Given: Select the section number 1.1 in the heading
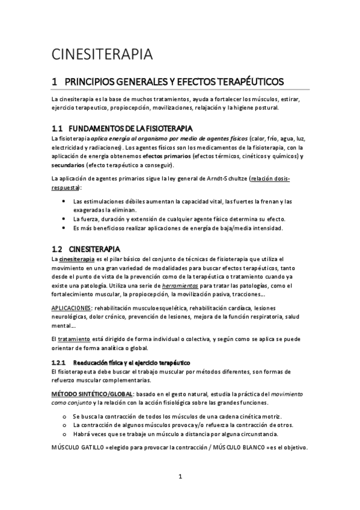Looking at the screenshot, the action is coord(57,129).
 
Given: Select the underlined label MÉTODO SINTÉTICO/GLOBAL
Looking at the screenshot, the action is coord(89,393).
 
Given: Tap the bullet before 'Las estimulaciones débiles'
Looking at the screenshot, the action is coord(64,201).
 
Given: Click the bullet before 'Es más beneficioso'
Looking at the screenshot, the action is coord(64,228).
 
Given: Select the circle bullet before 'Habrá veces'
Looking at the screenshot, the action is coord(64,433).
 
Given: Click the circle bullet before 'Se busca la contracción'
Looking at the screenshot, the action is coord(64,416).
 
